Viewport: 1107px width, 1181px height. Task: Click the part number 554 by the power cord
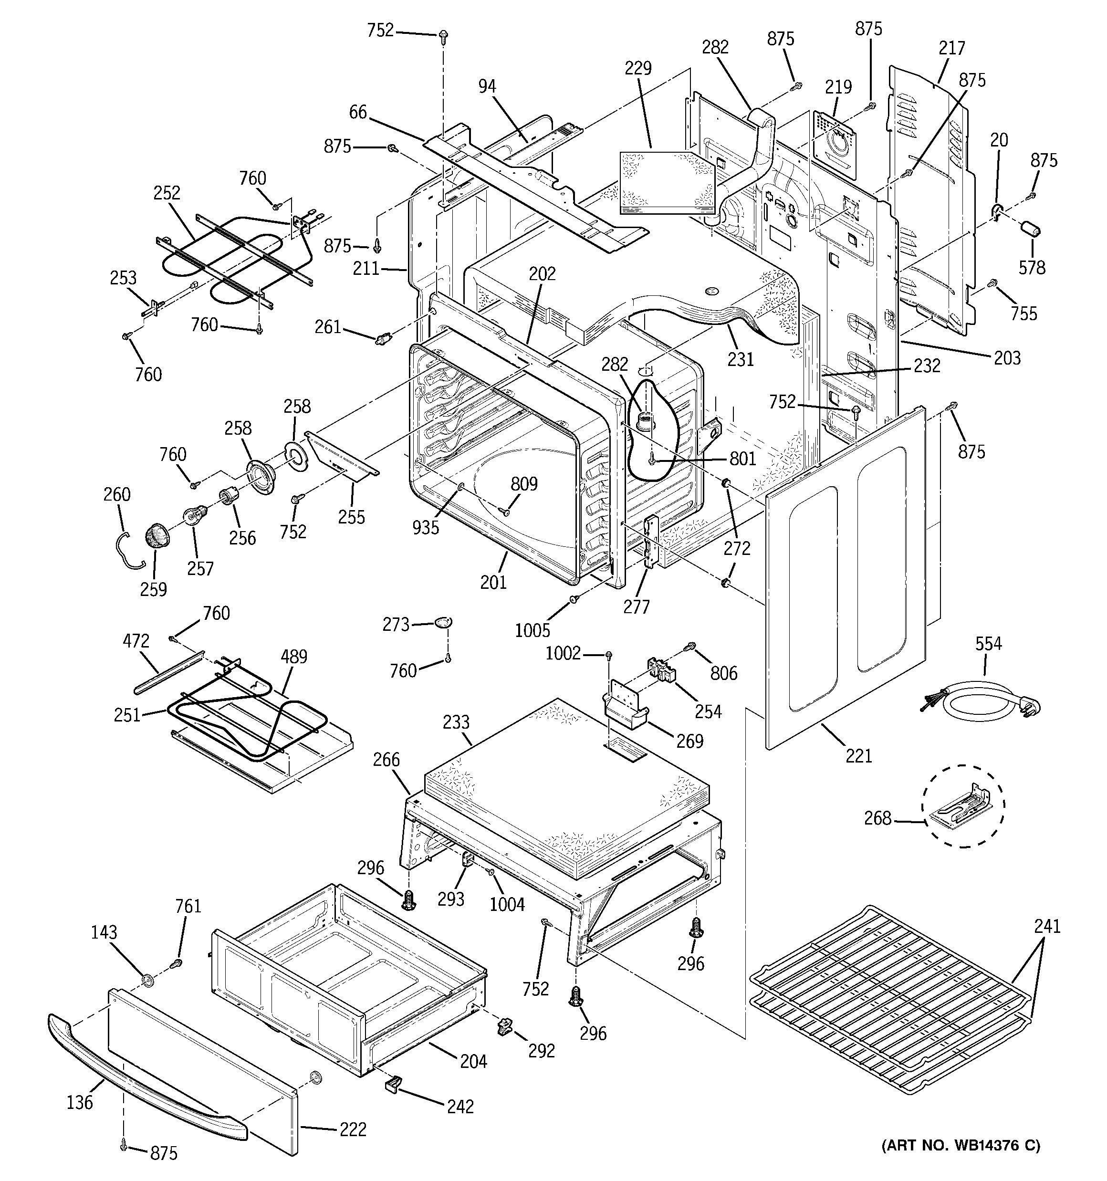[988, 643]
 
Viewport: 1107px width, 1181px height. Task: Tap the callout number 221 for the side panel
[858, 756]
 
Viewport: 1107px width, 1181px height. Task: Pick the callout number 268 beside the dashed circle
[877, 819]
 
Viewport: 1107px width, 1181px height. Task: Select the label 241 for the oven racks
[1047, 926]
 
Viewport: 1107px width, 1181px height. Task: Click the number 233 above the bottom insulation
[456, 722]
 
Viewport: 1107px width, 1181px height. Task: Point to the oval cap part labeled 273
[443, 622]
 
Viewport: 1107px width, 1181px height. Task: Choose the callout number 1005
[533, 630]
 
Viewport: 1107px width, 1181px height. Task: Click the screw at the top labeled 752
[443, 37]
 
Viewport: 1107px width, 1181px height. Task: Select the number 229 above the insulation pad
[637, 68]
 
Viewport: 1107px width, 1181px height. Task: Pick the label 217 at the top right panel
[952, 48]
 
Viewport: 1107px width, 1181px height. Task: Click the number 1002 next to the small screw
[563, 653]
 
